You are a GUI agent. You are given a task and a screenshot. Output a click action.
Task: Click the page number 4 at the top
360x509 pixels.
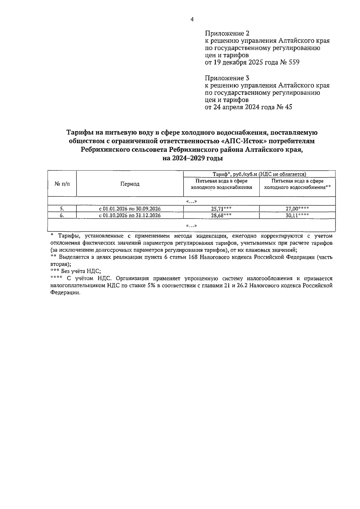pos(192,20)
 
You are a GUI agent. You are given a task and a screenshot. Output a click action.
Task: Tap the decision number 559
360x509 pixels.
pos(293,63)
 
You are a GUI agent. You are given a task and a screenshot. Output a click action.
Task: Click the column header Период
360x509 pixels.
pos(130,184)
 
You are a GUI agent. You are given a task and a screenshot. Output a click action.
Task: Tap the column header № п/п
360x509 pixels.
pos(62,184)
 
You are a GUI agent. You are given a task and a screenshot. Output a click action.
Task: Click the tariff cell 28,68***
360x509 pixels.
pos(221,215)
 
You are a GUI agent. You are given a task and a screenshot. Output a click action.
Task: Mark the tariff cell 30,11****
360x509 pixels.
pos(297,215)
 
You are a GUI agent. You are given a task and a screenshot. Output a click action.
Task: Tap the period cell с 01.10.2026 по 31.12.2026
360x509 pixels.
pos(130,215)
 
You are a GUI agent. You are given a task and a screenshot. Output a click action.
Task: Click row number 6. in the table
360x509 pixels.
pos(62,215)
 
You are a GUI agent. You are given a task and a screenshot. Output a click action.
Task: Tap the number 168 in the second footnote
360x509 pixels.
pos(194,257)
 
